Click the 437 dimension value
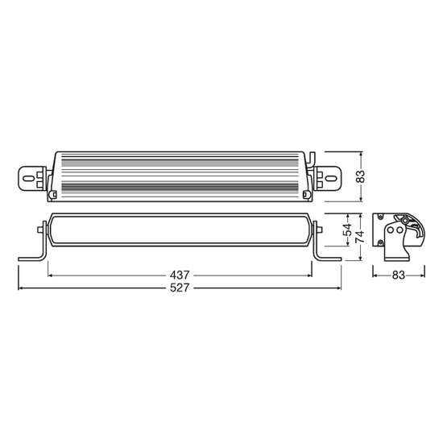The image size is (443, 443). pyautogui.click(x=180, y=275)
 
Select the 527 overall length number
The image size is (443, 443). pyautogui.click(x=180, y=288)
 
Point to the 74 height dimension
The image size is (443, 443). pyautogui.click(x=360, y=237)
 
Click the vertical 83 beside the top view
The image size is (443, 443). pyautogui.click(x=360, y=176)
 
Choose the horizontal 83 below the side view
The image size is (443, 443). pyautogui.click(x=399, y=275)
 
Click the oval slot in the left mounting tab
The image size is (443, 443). pyautogui.click(x=27, y=179)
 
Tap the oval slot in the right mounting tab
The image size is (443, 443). pyautogui.click(x=330, y=179)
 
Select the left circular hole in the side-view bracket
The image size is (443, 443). pyautogui.click(x=391, y=230)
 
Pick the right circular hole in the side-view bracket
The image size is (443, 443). pyautogui.click(x=400, y=230)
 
